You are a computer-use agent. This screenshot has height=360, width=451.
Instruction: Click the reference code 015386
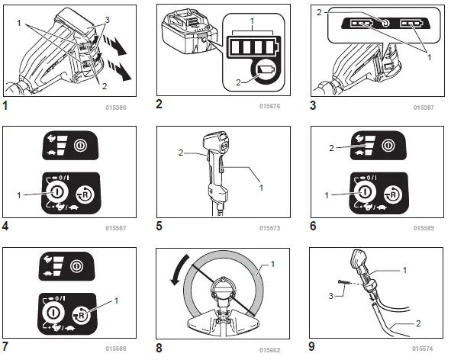tap(116, 108)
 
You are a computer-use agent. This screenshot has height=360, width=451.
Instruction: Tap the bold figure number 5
tap(159, 226)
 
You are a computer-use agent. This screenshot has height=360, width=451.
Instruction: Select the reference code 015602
tap(269, 350)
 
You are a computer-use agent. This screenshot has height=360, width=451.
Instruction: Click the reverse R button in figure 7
tap(82, 315)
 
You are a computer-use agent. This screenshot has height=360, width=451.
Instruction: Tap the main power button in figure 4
tap(56, 191)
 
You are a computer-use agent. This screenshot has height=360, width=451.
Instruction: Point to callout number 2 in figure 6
tap(331, 148)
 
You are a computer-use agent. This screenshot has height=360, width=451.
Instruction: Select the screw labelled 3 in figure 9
tap(343, 283)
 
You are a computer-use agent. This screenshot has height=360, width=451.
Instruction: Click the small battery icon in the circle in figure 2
tap(268, 70)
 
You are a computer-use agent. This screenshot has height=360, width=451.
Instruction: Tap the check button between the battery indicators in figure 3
tap(385, 23)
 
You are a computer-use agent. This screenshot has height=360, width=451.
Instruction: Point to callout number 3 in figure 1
tap(108, 20)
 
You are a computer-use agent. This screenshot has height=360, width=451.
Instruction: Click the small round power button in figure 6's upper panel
tap(388, 146)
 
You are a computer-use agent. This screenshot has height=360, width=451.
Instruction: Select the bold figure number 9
tap(312, 346)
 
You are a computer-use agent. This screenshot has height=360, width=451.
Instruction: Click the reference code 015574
tap(423, 349)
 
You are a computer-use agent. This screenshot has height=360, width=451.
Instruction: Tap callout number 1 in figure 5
tap(261, 188)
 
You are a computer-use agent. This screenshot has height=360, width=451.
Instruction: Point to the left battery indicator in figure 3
tap(361, 23)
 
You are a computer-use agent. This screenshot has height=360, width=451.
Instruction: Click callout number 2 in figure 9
tap(418, 323)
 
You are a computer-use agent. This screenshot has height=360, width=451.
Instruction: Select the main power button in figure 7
tap(53, 313)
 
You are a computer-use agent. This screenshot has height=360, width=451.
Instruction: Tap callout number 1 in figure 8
tap(272, 264)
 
